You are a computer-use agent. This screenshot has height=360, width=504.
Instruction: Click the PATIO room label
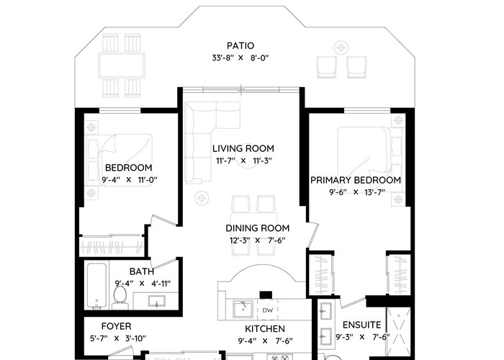240,45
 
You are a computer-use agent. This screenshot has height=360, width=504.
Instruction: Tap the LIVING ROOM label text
243,148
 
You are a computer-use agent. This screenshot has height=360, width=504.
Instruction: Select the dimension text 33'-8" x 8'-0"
240,58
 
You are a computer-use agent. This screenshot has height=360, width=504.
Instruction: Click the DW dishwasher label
267,310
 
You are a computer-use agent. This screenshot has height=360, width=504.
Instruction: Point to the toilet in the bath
120,297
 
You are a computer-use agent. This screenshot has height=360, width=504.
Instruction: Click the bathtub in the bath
96,286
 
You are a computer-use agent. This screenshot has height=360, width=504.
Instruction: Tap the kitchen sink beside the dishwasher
243,309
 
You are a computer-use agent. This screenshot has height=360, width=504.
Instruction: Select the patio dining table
122,66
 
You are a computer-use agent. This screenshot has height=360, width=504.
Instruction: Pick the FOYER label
117,326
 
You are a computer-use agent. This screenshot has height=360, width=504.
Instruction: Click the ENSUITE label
361,325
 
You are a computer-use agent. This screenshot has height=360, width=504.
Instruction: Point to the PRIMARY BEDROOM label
356,180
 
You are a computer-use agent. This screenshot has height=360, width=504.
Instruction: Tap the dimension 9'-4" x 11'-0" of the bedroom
129,180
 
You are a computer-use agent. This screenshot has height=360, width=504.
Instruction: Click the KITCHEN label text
265,329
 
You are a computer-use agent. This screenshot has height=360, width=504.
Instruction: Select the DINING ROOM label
258,228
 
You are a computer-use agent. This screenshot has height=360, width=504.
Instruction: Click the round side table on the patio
341,48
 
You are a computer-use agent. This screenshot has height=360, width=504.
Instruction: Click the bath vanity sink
156,301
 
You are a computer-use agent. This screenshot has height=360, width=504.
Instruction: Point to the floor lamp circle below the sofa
202,198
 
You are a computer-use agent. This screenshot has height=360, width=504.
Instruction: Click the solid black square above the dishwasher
266,294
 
